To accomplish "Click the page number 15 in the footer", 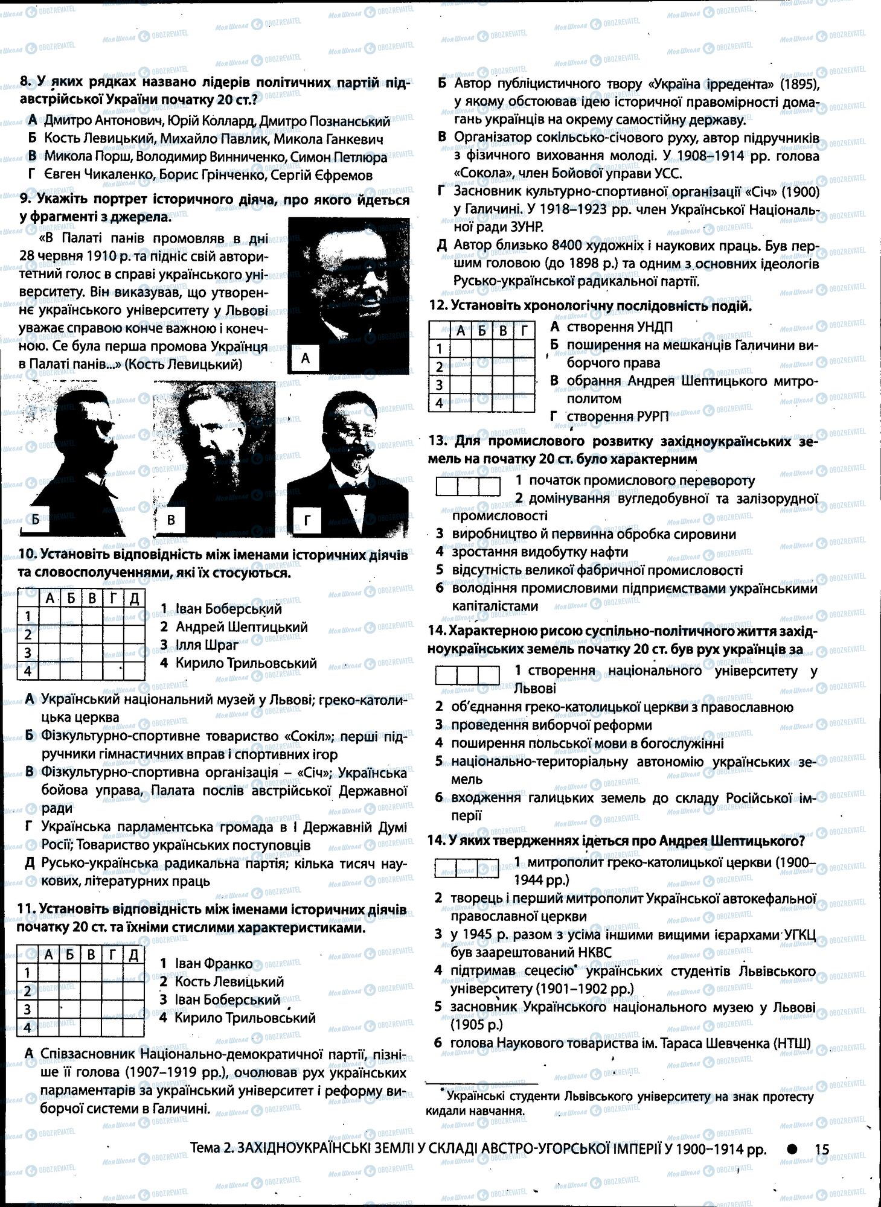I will [822, 1149].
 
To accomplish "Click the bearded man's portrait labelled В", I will [214, 459].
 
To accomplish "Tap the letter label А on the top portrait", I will [305, 358].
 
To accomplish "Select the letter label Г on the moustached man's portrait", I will [307, 520].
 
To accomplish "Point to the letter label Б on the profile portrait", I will [36, 520].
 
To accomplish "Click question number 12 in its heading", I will [439, 306].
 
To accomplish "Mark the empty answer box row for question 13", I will [468, 486].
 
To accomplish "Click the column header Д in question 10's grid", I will [134, 598].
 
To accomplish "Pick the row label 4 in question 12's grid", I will [440, 403].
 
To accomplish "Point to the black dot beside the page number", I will [792, 1149].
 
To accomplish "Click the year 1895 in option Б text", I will [795, 84].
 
